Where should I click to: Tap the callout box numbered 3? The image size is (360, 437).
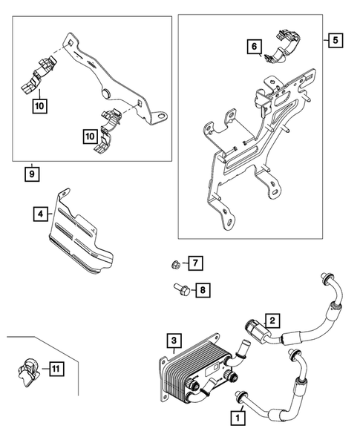click(x=173, y=341)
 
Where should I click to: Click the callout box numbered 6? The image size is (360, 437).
click(x=255, y=48)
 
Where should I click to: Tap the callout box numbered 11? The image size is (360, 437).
click(x=54, y=367)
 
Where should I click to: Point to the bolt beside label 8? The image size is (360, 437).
click(x=180, y=289)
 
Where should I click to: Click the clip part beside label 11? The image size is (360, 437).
click(x=28, y=368)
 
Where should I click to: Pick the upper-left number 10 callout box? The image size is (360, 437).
click(x=39, y=105)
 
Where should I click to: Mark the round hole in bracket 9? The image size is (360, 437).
click(x=106, y=92)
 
